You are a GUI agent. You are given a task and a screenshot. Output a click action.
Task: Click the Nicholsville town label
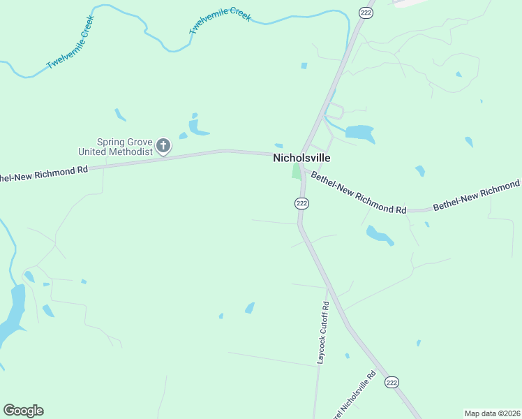pos(301,159)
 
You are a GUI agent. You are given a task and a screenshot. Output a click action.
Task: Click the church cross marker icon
pos(163,146)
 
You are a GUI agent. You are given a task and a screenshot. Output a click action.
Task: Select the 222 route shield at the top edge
pos(366,13)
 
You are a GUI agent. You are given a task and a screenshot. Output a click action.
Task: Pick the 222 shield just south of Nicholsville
pos(301,203)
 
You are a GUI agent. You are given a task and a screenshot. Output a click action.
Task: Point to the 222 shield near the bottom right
pos(392,382)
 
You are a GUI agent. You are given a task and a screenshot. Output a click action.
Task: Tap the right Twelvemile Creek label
pos(220,22)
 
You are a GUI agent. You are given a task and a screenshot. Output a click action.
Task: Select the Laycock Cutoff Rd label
pos(323,332)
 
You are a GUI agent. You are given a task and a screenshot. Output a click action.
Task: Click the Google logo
pos(23,411)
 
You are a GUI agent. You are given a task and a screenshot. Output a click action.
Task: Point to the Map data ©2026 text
pos(492,413)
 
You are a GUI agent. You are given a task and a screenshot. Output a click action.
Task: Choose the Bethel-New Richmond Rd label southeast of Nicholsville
pos(358,193)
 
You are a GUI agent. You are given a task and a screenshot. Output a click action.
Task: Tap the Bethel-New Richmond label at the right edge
pos(477,196)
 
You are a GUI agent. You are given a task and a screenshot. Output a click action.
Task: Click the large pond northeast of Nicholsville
pos(359,132)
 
